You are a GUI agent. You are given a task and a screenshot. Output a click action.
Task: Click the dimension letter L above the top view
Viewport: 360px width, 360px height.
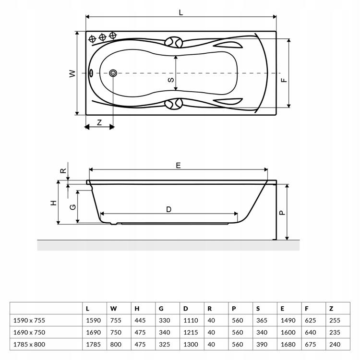[x=181, y=12]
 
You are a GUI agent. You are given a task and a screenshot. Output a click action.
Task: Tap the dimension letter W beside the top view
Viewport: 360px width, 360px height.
[x=72, y=74]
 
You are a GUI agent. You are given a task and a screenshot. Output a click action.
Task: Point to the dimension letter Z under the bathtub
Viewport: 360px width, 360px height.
[x=99, y=122]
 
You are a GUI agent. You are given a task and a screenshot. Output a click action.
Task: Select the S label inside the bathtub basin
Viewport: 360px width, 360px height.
[x=171, y=80]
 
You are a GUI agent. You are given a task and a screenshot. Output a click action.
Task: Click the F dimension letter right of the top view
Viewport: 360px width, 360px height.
[x=284, y=80]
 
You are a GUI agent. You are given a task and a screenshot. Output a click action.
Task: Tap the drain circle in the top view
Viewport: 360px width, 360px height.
[x=113, y=73]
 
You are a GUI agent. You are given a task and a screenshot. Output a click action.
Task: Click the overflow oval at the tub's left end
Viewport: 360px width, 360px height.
[x=91, y=73]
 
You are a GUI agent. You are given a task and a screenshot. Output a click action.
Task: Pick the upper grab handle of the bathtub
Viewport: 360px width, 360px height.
[x=174, y=42]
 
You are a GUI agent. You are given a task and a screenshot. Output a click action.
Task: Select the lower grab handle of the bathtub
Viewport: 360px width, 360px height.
[x=174, y=104]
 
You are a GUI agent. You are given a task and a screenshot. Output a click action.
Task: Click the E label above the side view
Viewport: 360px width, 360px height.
[x=178, y=165]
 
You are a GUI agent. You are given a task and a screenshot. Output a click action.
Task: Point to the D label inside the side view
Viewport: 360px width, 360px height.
[x=169, y=209]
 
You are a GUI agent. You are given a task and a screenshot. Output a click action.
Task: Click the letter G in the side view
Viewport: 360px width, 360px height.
[x=73, y=207]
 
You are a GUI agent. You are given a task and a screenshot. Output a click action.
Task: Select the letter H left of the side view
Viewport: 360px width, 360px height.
[x=53, y=203]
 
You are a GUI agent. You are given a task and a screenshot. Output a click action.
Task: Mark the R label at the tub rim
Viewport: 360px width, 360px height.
[x=63, y=170]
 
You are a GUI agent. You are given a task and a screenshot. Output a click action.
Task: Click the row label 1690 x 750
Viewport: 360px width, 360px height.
[x=29, y=332]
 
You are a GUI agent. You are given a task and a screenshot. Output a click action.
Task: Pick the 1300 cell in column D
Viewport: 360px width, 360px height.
[x=191, y=344]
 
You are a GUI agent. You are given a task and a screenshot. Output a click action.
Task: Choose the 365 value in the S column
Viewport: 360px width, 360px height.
[x=262, y=320]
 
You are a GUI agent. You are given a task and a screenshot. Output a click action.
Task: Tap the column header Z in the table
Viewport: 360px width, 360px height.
[x=331, y=309]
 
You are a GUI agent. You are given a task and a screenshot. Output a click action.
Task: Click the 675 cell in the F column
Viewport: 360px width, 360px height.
[x=311, y=344]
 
